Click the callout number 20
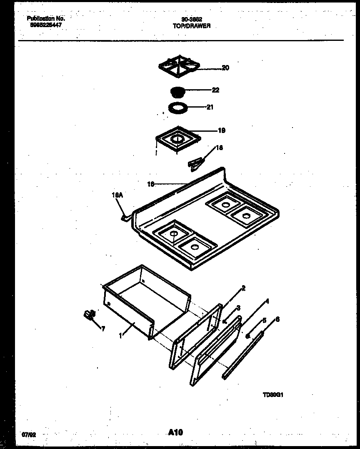coord(225,68)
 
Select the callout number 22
coord(215,90)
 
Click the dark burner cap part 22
coord(177,90)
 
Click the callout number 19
coord(221,130)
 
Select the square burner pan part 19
coord(177,139)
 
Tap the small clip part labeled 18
coord(195,164)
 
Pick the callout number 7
coord(103,329)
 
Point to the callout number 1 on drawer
coord(120,335)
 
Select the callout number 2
coord(243,288)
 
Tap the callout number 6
coord(277,319)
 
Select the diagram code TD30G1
coord(273,394)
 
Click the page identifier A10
coord(176,433)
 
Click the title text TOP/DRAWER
coord(192,25)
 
